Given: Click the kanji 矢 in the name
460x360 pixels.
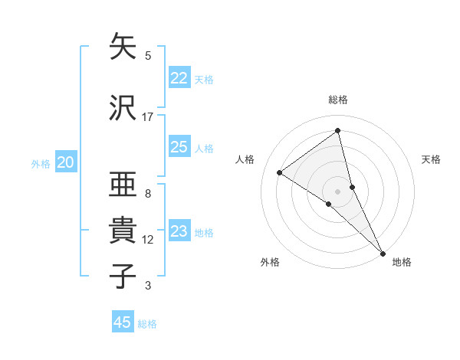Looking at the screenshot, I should coord(123,47).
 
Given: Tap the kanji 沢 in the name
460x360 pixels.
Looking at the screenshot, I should coord(123,107).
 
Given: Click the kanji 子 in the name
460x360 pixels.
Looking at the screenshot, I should coord(123,276).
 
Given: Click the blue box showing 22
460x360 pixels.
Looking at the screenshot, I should coord(179,78).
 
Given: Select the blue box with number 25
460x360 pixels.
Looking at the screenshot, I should coord(179,147).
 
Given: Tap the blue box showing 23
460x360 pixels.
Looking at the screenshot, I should coord(179,231).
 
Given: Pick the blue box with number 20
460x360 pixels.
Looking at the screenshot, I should coord(66,162).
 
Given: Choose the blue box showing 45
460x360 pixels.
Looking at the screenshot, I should coord(123,322).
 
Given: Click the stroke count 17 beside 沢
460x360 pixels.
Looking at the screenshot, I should coord(148,117).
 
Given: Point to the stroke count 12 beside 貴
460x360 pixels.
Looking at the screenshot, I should coord(148,240).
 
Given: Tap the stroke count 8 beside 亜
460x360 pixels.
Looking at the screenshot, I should coord(148,194).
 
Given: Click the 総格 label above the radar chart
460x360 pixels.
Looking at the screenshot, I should coord(338,100).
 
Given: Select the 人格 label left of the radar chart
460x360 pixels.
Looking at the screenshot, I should coord(245,159).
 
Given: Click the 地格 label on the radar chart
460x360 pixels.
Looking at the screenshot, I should coord(402,262).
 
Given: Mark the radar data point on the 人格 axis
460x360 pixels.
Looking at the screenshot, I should coord(280,172).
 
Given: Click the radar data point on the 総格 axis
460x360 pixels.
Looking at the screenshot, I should coord(338,131).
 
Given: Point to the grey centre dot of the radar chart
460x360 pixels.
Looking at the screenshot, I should coord(338,191).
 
